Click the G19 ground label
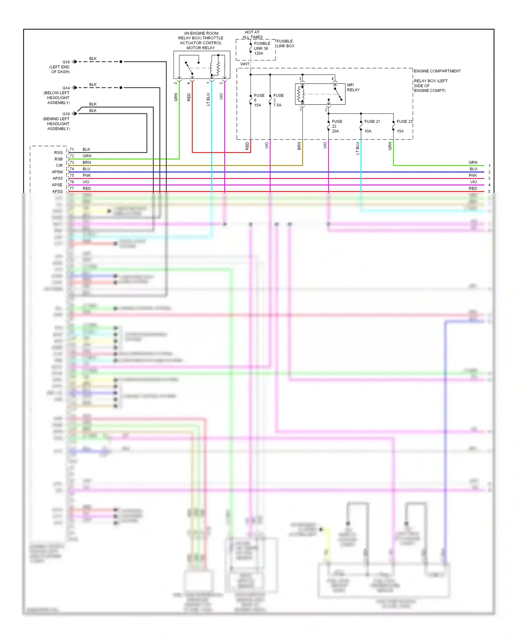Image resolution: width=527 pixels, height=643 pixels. coord(66,62)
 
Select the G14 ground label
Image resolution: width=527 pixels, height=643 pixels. coord(66,88)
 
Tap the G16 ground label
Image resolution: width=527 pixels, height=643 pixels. coord(66,114)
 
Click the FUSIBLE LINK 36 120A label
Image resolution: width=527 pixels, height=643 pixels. coord(262,49)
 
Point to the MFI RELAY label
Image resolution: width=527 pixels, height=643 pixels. coord(353,88)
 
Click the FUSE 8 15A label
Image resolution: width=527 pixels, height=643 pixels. coord(259,100)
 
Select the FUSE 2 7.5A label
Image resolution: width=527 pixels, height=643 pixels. coord(278,100)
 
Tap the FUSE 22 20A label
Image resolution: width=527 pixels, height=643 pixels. coord(337,126)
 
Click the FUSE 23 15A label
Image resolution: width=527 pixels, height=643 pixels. coord(404,126)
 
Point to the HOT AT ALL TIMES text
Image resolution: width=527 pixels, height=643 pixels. coord(252,34)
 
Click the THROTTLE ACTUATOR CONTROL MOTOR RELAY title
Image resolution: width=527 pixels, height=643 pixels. coord(201,40)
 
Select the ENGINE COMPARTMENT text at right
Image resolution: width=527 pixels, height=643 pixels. coord(437,71)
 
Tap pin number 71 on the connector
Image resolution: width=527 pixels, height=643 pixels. coord(72,149)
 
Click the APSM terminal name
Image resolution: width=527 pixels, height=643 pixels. coord(57,172)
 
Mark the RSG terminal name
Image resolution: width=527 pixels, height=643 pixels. coord(58,153)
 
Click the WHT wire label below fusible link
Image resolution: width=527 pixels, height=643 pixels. coord(245,64)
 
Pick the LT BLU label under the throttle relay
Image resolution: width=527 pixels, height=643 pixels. coord(208,99)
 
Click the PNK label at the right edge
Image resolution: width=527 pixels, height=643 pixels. coord(473,176)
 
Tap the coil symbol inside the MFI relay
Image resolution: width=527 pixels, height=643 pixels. coord(300,94)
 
